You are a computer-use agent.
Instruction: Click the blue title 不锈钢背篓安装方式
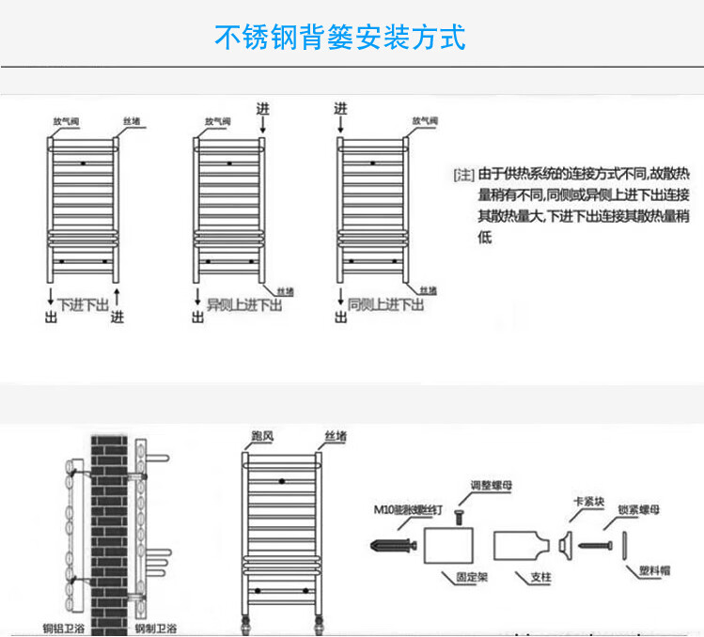[x=340, y=38]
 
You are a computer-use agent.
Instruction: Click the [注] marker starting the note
[x=463, y=176]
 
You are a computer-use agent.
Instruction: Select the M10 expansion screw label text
[x=399, y=510]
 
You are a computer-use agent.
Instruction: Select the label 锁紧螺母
[x=639, y=510]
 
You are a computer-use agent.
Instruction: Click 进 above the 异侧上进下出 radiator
[x=262, y=109]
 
